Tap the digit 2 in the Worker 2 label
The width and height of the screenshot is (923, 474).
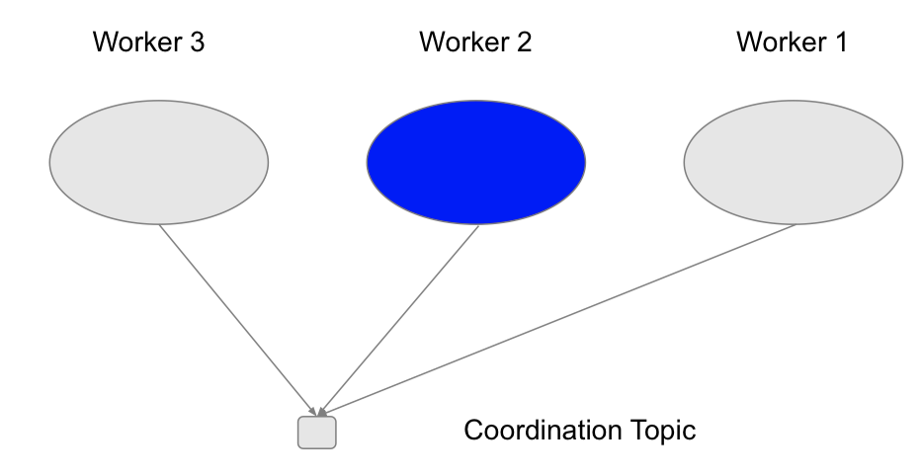(x=524, y=41)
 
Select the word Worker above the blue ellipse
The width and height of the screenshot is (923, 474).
(x=462, y=41)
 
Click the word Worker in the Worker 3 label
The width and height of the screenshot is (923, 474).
(x=136, y=41)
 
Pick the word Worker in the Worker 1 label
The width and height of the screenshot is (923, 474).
(x=780, y=41)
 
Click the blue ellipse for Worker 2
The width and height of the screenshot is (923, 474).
(x=476, y=162)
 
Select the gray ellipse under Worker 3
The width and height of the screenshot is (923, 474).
(x=159, y=162)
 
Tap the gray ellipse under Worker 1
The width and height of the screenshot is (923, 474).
(x=793, y=162)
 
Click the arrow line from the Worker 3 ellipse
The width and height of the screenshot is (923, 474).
(x=238, y=321)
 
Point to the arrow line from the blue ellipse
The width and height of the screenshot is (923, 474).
(x=399, y=321)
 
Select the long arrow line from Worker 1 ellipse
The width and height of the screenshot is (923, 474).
(x=557, y=320)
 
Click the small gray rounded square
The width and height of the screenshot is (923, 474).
(x=316, y=433)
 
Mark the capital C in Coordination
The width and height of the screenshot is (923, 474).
(x=474, y=430)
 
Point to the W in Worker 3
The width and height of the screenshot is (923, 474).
(x=106, y=41)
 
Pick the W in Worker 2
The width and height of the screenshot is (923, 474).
(x=432, y=41)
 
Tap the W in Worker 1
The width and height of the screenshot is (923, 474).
(x=750, y=41)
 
